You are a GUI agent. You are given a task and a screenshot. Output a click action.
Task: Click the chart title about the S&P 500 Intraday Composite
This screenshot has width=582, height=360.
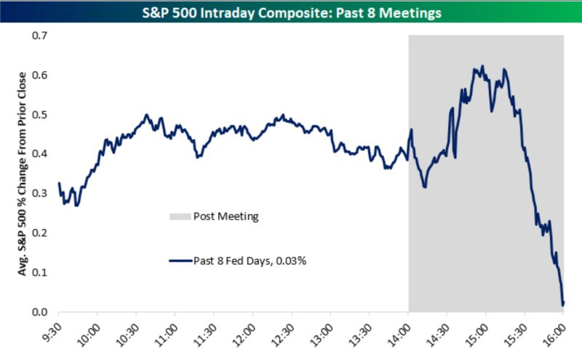pos(291,13)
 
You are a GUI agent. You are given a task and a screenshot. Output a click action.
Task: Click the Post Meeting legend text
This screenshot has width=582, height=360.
pos(226,217)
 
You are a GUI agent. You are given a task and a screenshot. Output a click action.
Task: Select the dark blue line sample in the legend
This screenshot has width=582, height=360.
pos(180,260)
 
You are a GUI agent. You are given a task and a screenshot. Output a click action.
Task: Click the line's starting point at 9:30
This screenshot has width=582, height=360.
pos(59,183)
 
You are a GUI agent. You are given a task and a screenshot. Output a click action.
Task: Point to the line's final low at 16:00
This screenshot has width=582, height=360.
pos(563,305)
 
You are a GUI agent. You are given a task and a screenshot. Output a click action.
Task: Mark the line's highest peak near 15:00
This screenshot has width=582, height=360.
pos(481,67)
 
